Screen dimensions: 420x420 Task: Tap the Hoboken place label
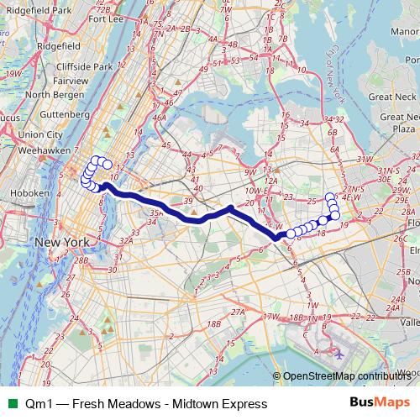23,193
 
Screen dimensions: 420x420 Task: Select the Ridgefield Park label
36,9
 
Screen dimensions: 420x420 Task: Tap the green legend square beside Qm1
9,404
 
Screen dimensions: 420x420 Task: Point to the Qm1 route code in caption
38,404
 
